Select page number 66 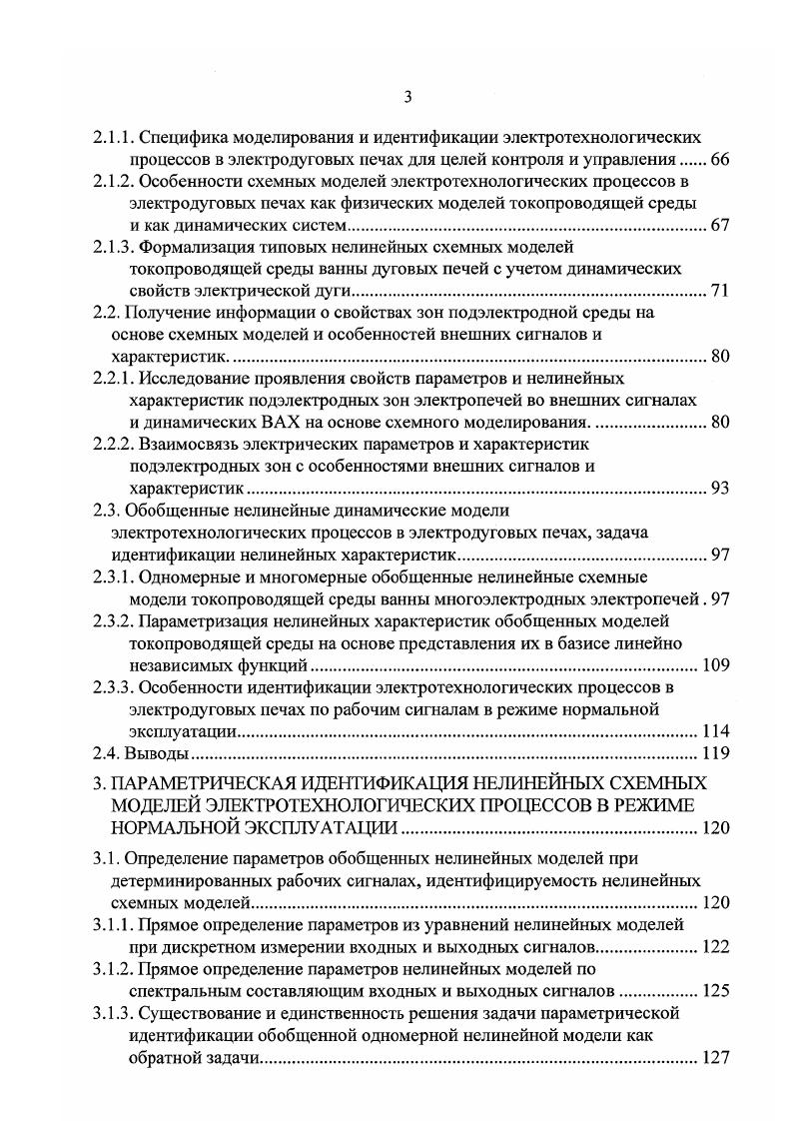[x=721, y=160]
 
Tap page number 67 [x=721, y=225]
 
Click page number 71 [x=721, y=291]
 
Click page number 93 [x=721, y=489]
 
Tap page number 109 [x=717, y=665]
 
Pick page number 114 [x=717, y=731]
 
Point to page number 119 [x=717, y=753]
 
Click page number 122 [x=717, y=946]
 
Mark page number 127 [x=717, y=1058]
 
